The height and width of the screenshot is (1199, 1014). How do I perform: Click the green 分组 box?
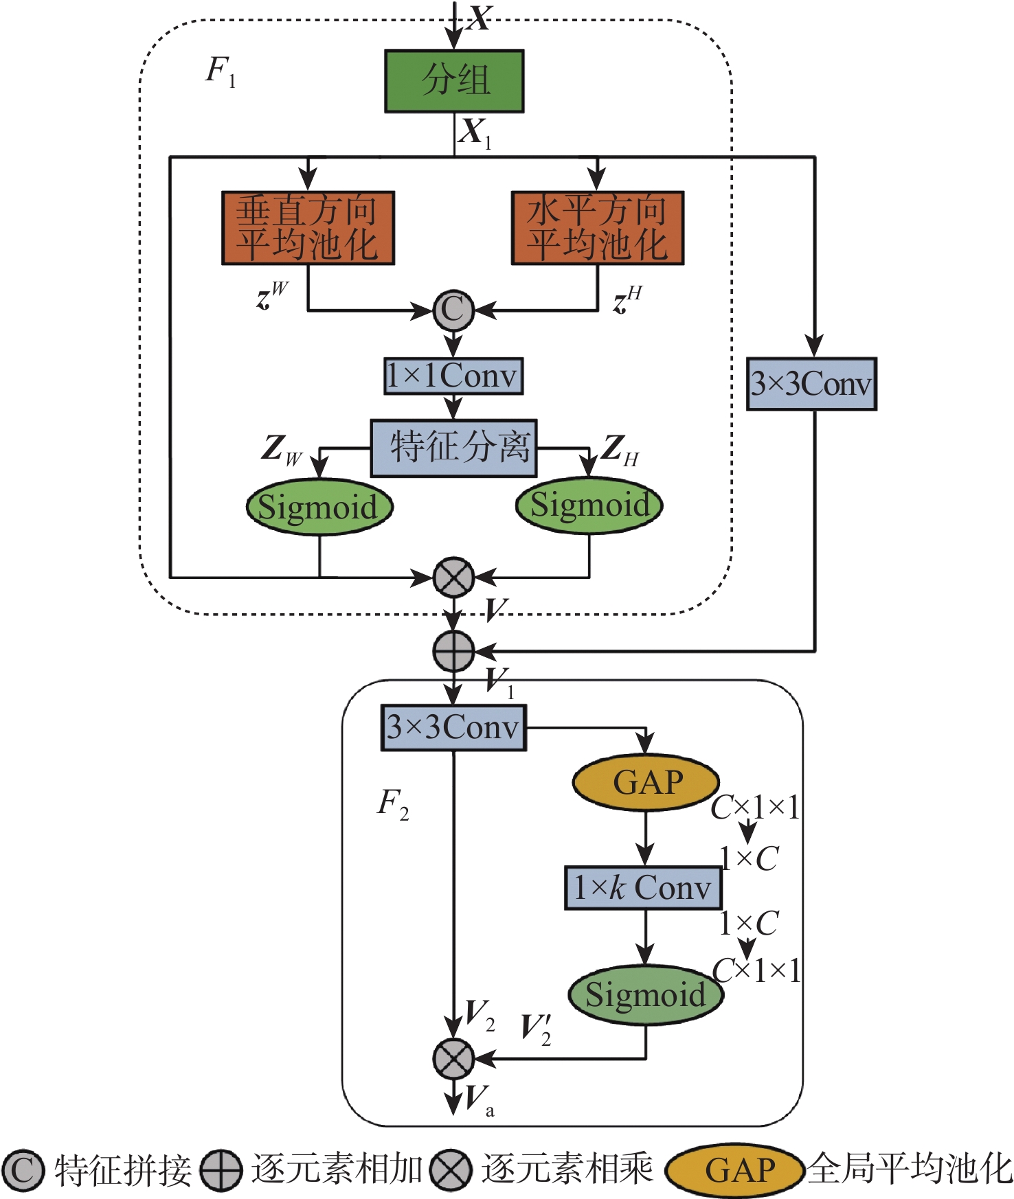[454, 81]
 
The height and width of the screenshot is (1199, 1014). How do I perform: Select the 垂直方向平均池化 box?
[308, 228]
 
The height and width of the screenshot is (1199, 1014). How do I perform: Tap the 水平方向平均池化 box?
[598, 228]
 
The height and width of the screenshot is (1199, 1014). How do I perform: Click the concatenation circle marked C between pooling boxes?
[453, 310]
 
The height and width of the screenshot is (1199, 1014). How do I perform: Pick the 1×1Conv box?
[453, 376]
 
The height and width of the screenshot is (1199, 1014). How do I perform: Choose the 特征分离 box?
[453, 448]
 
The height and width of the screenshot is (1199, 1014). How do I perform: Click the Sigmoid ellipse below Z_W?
[319, 507]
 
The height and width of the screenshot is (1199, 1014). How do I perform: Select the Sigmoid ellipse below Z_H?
[589, 505]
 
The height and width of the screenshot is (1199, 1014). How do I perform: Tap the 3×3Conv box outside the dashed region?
[811, 384]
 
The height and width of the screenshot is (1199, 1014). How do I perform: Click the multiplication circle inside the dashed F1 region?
[453, 577]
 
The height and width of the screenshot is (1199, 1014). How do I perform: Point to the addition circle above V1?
[453, 650]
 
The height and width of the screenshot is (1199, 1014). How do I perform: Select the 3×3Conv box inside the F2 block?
[453, 727]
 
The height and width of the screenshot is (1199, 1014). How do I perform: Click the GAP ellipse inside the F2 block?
[646, 782]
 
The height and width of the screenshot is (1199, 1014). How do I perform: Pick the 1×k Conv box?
[643, 888]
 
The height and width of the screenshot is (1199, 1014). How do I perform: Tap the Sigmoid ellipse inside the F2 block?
[646, 994]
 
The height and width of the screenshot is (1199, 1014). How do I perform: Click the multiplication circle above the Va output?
[453, 1058]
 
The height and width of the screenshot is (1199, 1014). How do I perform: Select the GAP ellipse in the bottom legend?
[735, 1170]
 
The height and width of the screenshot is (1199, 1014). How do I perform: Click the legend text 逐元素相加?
[337, 1169]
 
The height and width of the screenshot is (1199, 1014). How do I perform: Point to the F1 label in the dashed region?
[220, 71]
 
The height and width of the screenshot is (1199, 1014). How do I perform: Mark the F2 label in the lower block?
[392, 803]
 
